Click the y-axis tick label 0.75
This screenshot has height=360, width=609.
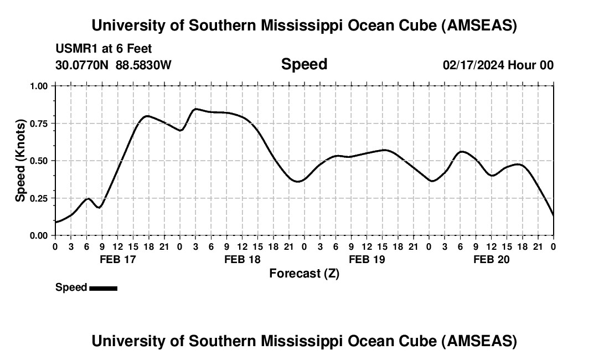[39, 124]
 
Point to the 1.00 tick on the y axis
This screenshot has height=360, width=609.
[39, 86]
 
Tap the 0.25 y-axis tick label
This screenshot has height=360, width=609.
[39, 198]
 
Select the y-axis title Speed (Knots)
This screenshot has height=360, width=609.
[20, 161]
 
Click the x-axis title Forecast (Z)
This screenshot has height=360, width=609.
[304, 273]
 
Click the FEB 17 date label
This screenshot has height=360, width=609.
[117, 259]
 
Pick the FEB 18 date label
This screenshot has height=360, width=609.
[242, 259]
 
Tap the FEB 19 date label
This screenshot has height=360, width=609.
[367, 259]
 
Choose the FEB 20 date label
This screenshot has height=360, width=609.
[492, 259]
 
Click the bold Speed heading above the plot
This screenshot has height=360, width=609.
[304, 64]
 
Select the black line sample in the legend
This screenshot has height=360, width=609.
[103, 288]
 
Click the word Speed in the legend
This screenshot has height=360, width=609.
[71, 287]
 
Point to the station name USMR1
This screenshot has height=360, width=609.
[73, 49]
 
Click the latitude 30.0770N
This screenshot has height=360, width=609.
[82, 65]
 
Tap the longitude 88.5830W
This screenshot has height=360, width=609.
[143, 65]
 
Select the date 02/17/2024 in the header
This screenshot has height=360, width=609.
[473, 65]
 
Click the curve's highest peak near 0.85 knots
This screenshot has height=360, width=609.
[196, 109]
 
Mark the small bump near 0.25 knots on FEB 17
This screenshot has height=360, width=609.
[87, 198]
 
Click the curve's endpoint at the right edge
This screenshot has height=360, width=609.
[553, 215]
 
